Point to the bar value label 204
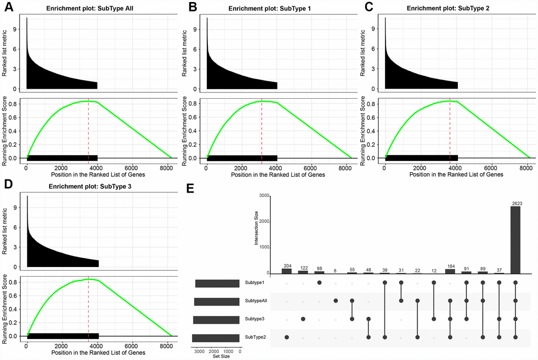click(286, 266)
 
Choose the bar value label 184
click(450, 266)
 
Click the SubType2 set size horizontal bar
click(216, 338)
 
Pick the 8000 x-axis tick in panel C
click(525, 167)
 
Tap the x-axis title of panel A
click(97, 175)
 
